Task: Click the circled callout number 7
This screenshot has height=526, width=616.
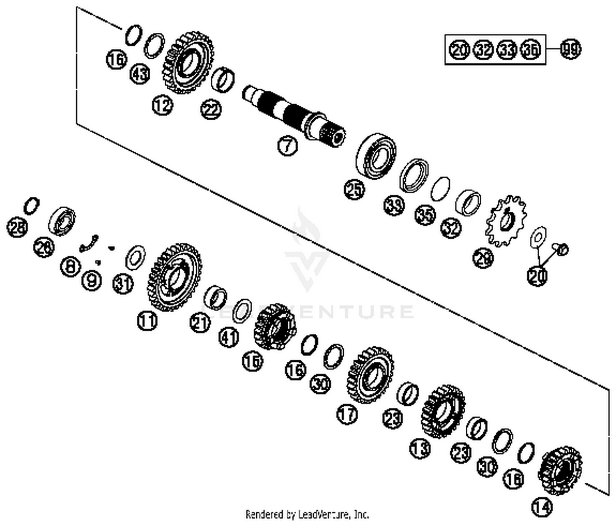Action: pos(287,145)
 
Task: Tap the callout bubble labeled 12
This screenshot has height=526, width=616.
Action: pos(163,106)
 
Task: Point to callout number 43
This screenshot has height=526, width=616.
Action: pos(140,74)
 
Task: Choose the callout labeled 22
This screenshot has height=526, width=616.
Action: pos(211,110)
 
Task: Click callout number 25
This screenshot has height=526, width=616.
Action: pos(354,190)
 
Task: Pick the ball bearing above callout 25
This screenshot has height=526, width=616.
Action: pos(376,155)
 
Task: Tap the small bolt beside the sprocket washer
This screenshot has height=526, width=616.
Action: pos(561,248)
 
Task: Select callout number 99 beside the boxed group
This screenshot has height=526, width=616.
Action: pos(571,50)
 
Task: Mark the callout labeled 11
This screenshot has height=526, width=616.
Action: pos(147,320)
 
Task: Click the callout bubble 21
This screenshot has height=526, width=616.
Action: pos(200,323)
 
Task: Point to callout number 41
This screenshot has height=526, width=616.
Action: pos(229,338)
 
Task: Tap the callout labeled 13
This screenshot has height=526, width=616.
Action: pos(420,448)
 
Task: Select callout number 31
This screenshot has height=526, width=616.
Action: pos(123,284)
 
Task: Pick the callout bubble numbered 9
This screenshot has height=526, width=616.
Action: pos(91,280)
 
